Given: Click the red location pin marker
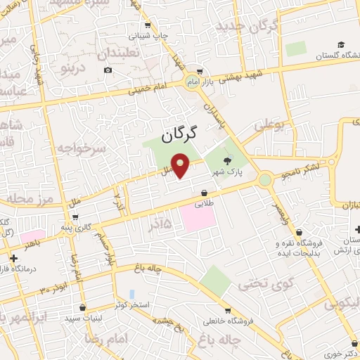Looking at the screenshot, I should click(x=181, y=167).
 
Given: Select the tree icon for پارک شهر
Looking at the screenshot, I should click(x=226, y=161).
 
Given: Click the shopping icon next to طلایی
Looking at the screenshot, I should click(x=204, y=192).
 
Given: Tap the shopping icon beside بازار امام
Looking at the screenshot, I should click(x=200, y=71).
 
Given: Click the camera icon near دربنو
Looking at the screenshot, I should click(x=108, y=70).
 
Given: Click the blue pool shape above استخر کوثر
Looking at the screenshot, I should click(x=131, y=294).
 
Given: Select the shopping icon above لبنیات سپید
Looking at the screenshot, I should click(x=83, y=307).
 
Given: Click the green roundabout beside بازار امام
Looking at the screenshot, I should click(x=191, y=82).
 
